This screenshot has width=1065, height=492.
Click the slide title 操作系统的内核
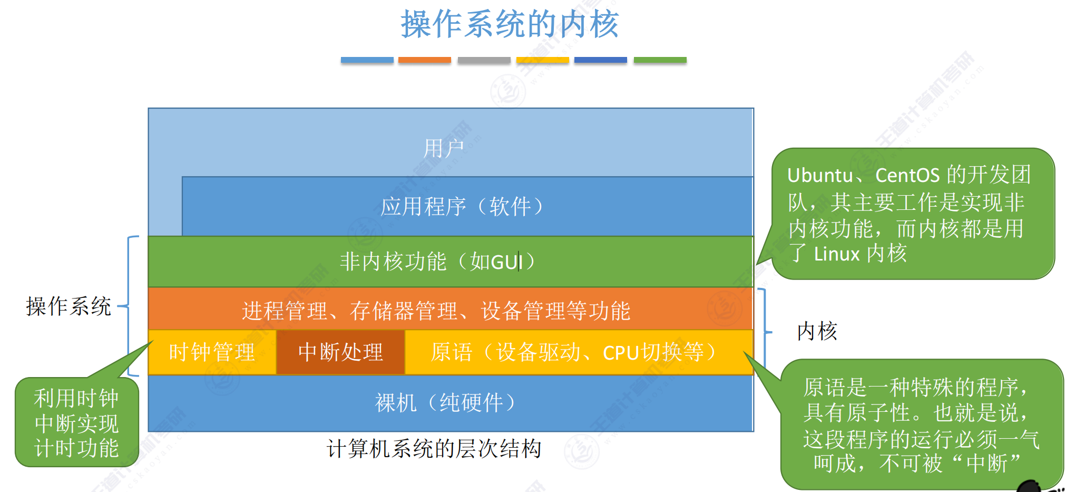(x=510, y=24)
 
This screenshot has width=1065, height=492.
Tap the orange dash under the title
(x=424, y=60)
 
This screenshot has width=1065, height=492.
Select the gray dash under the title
(x=484, y=60)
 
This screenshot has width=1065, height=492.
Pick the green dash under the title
(x=660, y=60)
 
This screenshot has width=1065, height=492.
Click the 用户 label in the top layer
(x=444, y=148)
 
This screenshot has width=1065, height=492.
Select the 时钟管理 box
(x=212, y=352)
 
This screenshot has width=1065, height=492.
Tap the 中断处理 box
(x=340, y=352)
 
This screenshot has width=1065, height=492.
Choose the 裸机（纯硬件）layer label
(x=445, y=403)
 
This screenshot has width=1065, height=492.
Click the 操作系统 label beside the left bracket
(x=69, y=306)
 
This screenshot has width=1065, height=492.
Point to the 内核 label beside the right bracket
(x=817, y=331)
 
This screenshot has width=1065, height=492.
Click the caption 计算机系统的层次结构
(x=434, y=449)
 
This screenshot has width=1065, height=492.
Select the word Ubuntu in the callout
(x=820, y=175)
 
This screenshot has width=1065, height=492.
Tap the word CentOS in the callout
(x=907, y=175)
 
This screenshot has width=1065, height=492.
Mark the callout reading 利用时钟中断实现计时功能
(x=76, y=423)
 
